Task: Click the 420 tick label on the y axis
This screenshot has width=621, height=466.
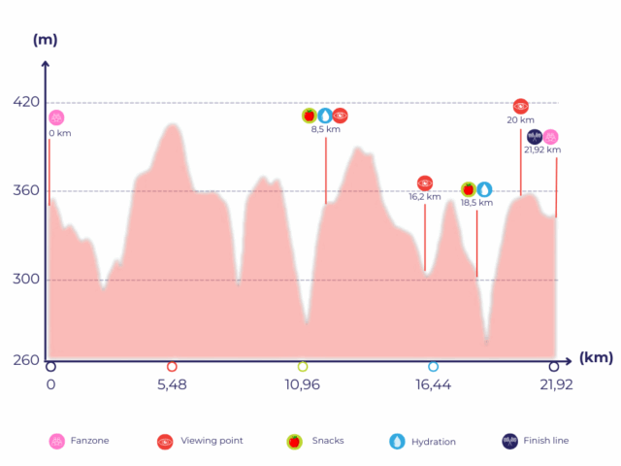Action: pos(26,102)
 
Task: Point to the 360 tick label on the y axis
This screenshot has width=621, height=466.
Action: pos(26,190)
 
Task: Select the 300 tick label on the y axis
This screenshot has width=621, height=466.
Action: pos(26,280)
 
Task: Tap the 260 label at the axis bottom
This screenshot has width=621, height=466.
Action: pos(26,360)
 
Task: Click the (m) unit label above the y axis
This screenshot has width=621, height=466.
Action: pos(45,40)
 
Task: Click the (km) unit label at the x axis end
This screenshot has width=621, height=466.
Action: pos(596,357)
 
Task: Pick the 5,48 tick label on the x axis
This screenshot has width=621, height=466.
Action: pos(172,384)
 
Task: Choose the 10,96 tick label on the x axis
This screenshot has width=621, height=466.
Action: pos(302,384)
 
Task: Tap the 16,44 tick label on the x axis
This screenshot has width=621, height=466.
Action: pos(433,384)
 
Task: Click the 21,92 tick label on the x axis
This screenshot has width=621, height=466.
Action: pos(555,384)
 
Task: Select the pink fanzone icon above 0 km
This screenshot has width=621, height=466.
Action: pos(56,117)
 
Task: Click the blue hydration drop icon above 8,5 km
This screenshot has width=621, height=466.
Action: pos(324,116)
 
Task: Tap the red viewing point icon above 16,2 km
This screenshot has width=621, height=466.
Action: pos(424,183)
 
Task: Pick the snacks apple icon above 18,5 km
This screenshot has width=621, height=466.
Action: pos(468,189)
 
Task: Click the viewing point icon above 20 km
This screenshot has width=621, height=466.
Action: pos(520,106)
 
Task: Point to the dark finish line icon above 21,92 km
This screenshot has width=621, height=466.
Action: pos(535,137)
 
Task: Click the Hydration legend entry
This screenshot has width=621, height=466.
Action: pos(423,442)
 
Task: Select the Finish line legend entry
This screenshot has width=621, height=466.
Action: pos(535,441)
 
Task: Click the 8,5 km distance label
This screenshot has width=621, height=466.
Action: pos(325,129)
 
